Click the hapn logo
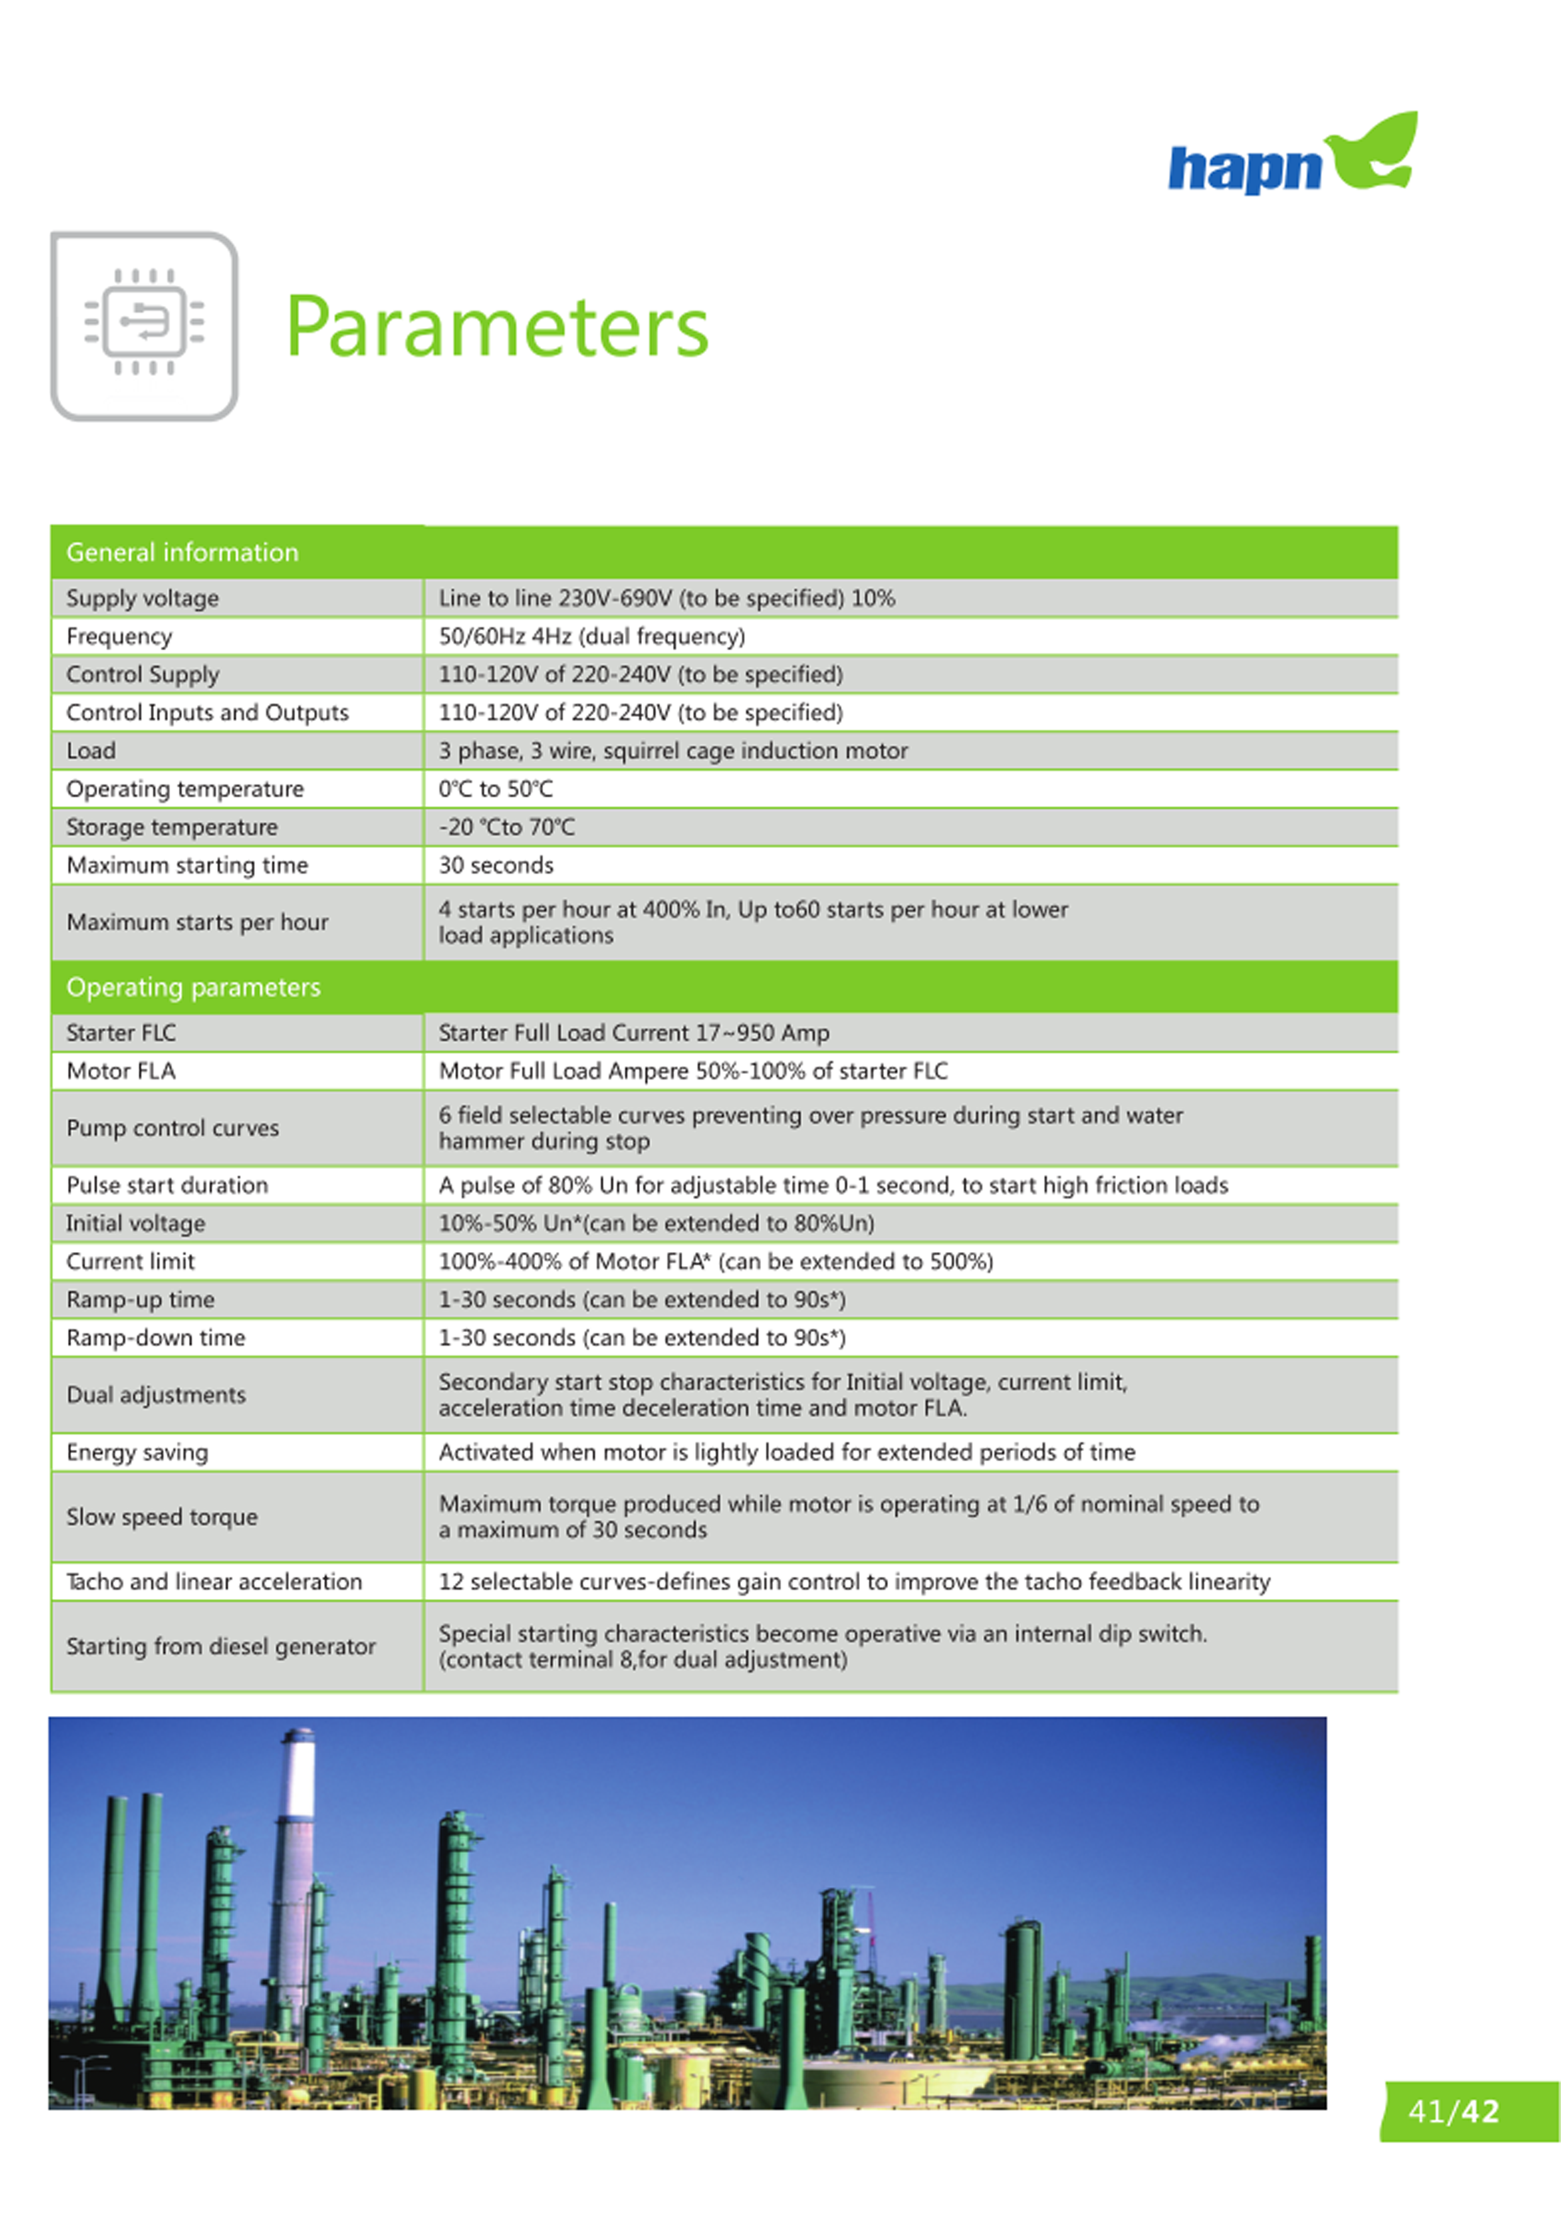(x=1292, y=157)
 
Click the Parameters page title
(x=497, y=327)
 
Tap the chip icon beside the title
(x=144, y=325)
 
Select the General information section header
(x=182, y=552)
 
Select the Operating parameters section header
(x=193, y=987)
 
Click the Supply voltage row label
(x=142, y=598)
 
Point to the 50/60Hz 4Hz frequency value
(x=592, y=636)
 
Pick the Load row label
(x=91, y=751)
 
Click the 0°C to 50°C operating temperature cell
(x=496, y=789)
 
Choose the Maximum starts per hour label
(x=197, y=922)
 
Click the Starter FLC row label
(x=121, y=1032)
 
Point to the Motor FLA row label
(x=121, y=1071)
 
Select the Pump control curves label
(x=172, y=1128)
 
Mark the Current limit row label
(x=130, y=1262)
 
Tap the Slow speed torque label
(x=161, y=1516)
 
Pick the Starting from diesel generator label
(x=220, y=1646)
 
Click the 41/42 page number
(x=1453, y=2111)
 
